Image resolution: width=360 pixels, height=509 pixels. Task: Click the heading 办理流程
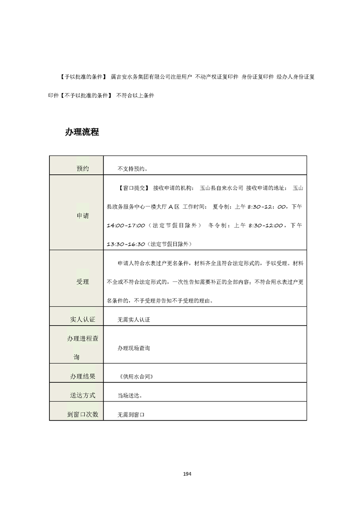click(82, 132)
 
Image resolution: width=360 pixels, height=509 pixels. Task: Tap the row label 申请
click(83, 216)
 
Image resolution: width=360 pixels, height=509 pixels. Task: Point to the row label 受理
click(83, 282)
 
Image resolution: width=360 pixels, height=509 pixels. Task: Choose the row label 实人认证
click(83, 319)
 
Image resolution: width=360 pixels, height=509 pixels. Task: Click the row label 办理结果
click(83, 376)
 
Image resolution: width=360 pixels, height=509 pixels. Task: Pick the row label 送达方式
click(83, 395)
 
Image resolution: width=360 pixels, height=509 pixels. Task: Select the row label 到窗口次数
click(83, 414)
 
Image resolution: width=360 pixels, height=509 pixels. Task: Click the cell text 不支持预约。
click(133, 169)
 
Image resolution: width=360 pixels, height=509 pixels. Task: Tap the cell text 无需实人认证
click(133, 319)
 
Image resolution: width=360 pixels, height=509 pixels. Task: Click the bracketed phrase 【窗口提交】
click(133, 187)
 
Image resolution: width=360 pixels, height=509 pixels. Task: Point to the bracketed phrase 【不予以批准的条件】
click(85, 96)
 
